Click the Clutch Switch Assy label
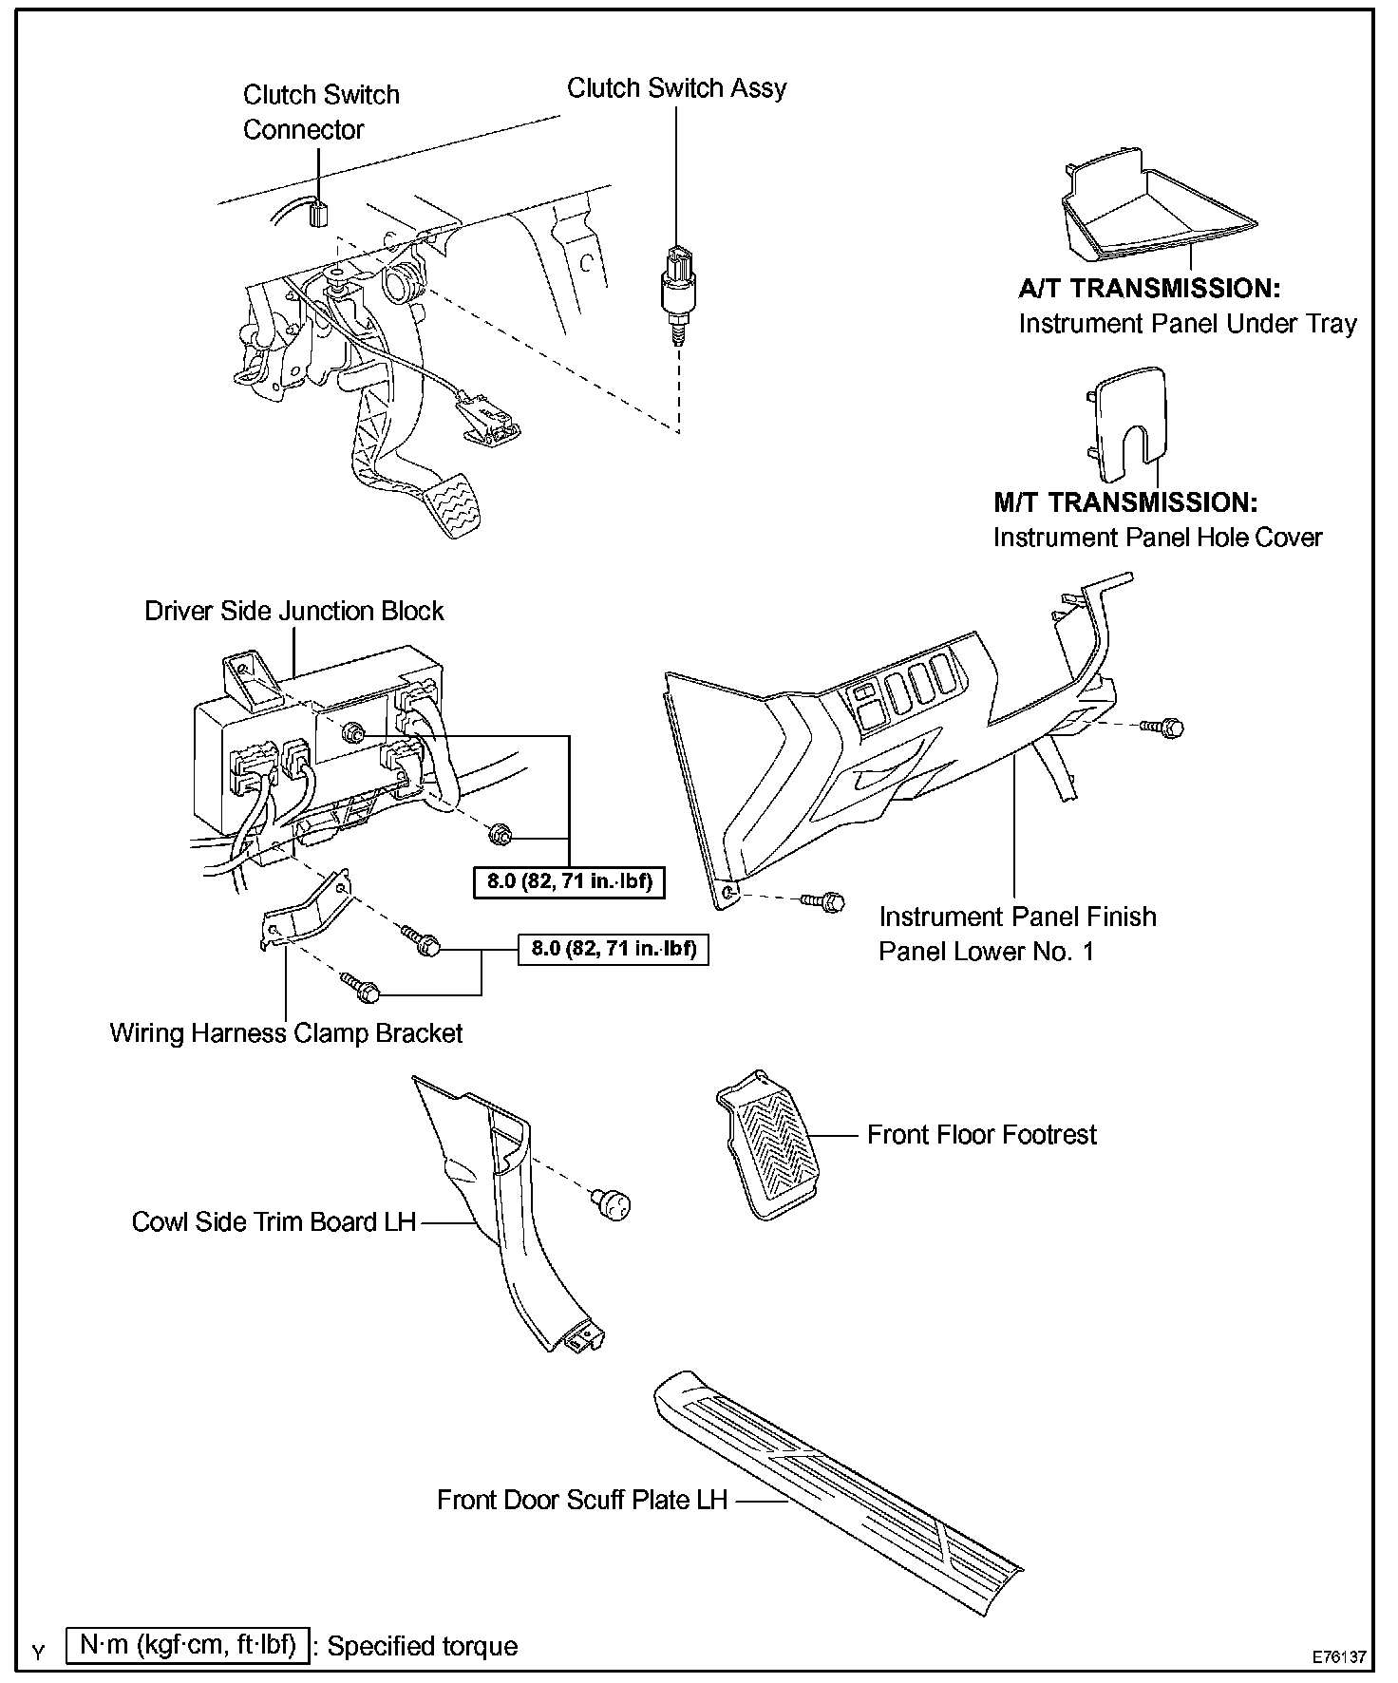point(676,88)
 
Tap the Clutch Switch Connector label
point(321,112)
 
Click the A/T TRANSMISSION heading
point(1149,289)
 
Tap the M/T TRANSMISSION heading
point(1125,502)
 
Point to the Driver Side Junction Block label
point(293,611)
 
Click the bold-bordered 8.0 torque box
point(569,881)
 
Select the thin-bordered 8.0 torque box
point(614,949)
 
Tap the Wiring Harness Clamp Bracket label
point(286,1033)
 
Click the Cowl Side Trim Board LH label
point(274,1221)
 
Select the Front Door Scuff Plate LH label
point(581,1500)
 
